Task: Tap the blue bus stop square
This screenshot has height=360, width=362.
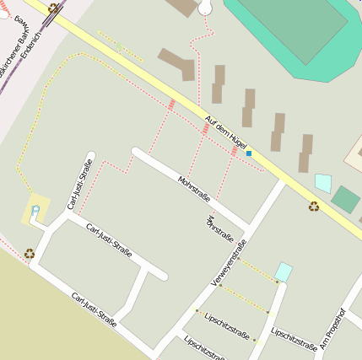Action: click(x=249, y=153)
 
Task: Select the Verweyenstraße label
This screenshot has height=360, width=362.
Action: click(x=228, y=262)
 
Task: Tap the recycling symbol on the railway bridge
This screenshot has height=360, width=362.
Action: click(x=54, y=8)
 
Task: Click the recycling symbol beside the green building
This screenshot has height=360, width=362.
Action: click(x=314, y=205)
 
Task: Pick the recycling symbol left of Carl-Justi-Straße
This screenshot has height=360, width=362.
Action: click(x=30, y=251)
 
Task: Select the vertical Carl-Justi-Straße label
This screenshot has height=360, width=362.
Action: click(x=79, y=185)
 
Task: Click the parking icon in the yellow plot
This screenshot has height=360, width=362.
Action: click(x=35, y=208)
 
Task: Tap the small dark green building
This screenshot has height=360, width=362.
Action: click(x=345, y=200)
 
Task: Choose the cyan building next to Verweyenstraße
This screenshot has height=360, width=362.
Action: click(x=284, y=272)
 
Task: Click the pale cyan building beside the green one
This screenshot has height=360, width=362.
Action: click(x=322, y=183)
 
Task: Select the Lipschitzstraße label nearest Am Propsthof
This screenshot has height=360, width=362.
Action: click(x=294, y=338)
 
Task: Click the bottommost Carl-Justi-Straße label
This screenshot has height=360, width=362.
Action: click(x=94, y=309)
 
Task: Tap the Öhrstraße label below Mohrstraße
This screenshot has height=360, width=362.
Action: click(x=219, y=228)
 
